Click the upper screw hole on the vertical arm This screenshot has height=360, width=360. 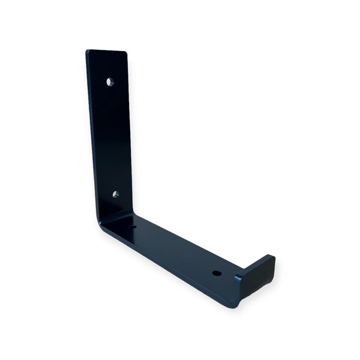110,82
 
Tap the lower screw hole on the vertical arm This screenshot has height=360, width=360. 115,194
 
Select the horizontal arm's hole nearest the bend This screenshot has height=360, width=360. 133,227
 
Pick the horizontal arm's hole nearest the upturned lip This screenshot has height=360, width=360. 217,273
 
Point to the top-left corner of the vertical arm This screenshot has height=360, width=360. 87,52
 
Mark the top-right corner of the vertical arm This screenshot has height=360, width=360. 126,53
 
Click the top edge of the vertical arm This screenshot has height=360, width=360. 107,51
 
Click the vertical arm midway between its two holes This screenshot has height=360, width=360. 112,138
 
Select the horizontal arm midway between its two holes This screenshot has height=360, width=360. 175,250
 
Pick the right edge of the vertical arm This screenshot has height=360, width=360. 129,132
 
